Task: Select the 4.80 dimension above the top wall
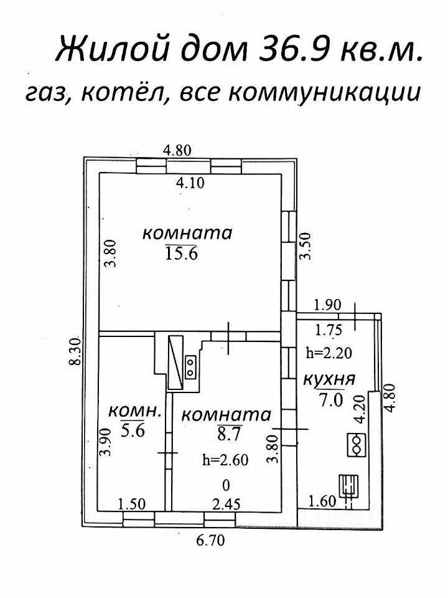pos(177,149)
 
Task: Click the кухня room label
pos(329,379)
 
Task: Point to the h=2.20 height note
pos(330,353)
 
